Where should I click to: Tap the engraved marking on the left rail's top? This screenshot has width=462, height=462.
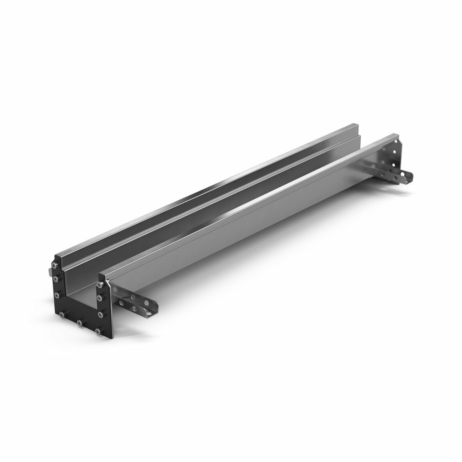coord(68,253)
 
